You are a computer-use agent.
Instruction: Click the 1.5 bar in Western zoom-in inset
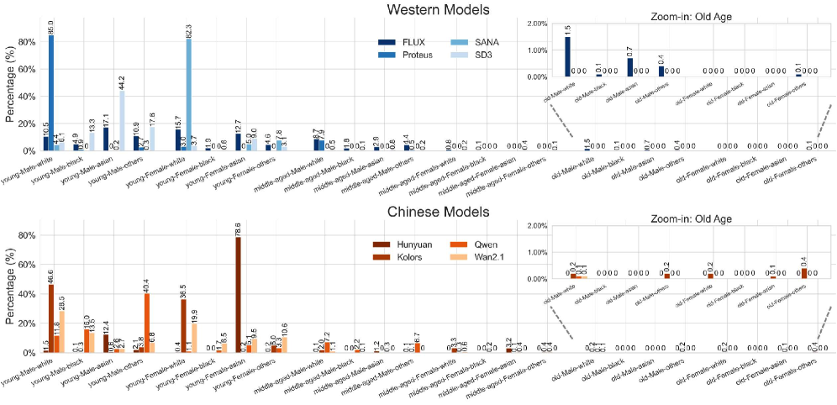click(x=567, y=57)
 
